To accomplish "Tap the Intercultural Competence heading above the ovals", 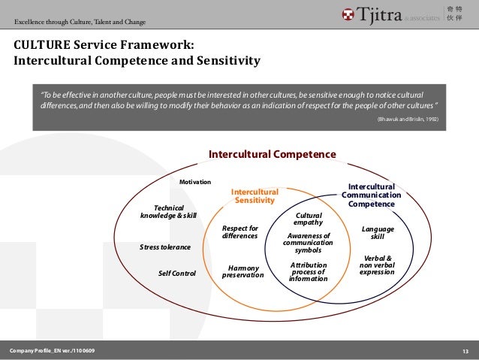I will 272,154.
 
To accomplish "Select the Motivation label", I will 195,182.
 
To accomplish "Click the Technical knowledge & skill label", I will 168,211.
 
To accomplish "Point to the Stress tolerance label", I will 165,247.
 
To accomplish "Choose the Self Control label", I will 176,273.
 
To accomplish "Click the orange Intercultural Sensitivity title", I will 255,195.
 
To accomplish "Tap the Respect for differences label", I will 240,231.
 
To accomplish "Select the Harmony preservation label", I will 243,271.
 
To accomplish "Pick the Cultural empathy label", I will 308,218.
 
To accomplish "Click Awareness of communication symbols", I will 309,243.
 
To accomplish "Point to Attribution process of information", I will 309,271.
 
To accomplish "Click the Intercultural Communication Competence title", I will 371,195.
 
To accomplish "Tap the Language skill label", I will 378,231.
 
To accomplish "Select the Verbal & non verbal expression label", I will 377,265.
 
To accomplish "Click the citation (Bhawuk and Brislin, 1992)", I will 408,119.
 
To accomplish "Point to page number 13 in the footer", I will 465,351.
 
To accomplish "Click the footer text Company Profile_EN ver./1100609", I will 53,351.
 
